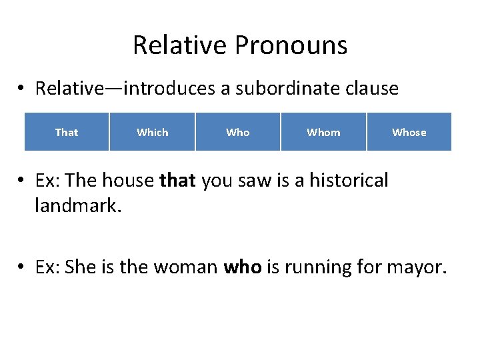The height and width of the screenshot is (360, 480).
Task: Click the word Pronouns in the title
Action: pyautogui.click(x=291, y=45)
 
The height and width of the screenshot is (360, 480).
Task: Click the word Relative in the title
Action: pyautogui.click(x=179, y=45)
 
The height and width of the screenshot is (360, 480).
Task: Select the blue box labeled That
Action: pyautogui.click(x=67, y=132)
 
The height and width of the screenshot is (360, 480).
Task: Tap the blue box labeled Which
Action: pyautogui.click(x=153, y=132)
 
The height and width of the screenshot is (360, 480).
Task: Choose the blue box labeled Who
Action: pyautogui.click(x=238, y=132)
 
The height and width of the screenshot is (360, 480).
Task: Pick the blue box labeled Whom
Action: pyautogui.click(x=323, y=132)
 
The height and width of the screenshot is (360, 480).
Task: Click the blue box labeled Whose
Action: pyautogui.click(x=409, y=132)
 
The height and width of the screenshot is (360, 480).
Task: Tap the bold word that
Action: pyautogui.click(x=178, y=181)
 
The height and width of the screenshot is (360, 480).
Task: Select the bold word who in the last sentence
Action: pyautogui.click(x=242, y=267)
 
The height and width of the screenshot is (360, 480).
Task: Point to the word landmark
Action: pyautogui.click(x=75, y=206)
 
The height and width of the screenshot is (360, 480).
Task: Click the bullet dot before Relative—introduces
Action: pyautogui.click(x=22, y=89)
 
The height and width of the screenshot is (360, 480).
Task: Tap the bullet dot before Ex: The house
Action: pyautogui.click(x=22, y=181)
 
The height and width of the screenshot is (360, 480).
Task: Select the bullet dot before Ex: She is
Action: pyautogui.click(x=22, y=268)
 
